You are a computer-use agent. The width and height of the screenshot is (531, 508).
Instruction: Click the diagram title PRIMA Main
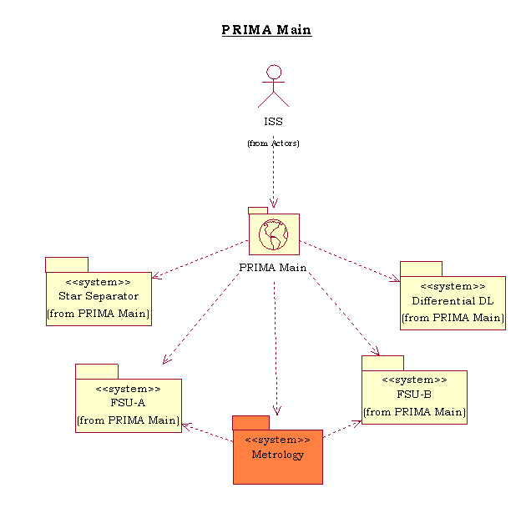click(266, 31)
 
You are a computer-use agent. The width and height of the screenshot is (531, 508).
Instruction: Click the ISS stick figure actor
click(273, 86)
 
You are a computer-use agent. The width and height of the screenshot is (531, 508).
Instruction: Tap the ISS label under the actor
click(273, 122)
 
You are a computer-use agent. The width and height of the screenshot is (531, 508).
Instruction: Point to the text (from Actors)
click(273, 143)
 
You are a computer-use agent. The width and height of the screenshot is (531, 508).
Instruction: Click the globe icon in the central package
click(273, 234)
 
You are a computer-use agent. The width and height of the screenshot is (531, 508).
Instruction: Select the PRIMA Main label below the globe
click(273, 268)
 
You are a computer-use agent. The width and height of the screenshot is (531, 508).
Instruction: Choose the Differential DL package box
click(453, 303)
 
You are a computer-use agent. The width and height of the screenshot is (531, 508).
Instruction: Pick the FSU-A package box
click(129, 405)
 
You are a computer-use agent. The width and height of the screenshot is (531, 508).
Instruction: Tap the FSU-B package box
click(414, 397)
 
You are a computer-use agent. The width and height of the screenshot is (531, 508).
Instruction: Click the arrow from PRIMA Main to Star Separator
click(200, 259)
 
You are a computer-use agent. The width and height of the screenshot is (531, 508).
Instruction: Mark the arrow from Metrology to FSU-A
click(207, 431)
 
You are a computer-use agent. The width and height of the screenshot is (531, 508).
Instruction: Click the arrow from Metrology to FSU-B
click(341, 430)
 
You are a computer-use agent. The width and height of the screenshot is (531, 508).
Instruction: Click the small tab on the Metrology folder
click(250, 422)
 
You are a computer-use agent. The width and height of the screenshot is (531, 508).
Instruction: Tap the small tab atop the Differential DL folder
click(421, 269)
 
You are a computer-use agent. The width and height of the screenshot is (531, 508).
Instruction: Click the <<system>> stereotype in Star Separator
click(99, 282)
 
